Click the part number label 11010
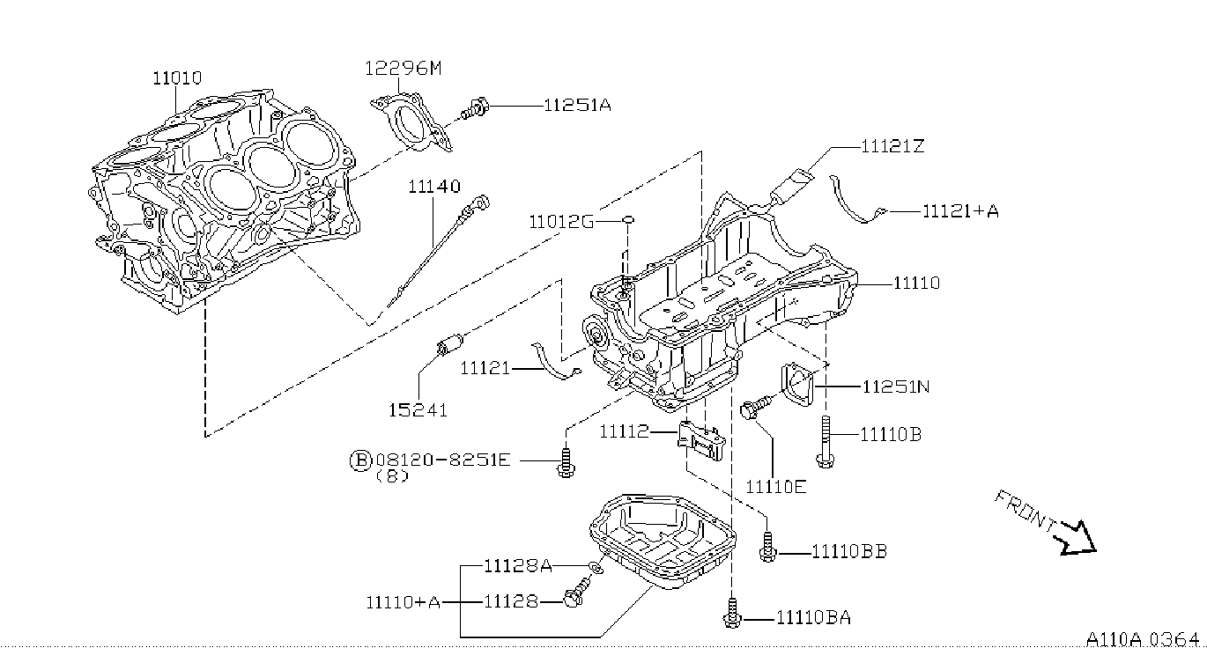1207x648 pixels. pos(177,78)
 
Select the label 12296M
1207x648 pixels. pos(403,69)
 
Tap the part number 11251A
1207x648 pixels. pos(577,105)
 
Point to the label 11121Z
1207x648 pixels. pos(892,146)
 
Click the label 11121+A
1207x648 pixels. pos(960,210)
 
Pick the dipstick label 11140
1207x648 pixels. pos(433,187)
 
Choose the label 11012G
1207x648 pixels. pos(561,221)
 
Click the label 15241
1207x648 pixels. pos(418,410)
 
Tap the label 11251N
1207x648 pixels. pos(896,387)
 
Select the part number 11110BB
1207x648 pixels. pos(849,551)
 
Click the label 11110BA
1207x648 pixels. pos(814,617)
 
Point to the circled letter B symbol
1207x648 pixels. pos(360,460)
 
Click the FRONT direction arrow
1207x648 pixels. pos(1077,539)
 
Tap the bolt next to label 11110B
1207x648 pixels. pos(826,442)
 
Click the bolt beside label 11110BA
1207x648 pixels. pos(731,613)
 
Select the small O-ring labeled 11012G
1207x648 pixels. pos(628,219)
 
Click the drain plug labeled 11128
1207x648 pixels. pos(576,592)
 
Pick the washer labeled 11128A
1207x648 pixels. pos(596,568)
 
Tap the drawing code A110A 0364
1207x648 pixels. pos(1143,639)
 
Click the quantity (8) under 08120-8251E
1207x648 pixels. pos(392,476)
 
